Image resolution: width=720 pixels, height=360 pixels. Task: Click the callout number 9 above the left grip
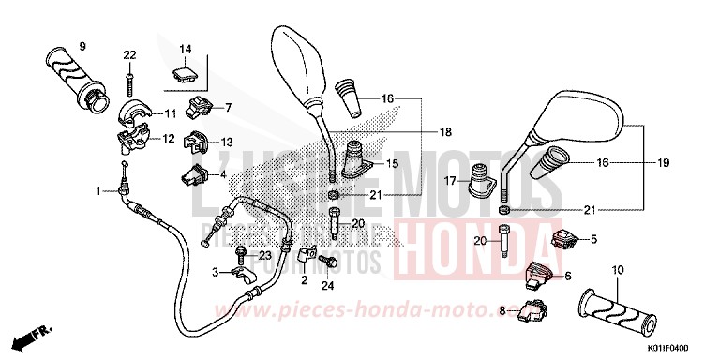[82, 46]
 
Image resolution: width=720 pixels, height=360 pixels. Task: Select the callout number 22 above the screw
[129, 53]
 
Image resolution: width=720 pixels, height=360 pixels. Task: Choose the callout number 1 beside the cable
[97, 191]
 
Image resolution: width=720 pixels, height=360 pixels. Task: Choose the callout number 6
[567, 275]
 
